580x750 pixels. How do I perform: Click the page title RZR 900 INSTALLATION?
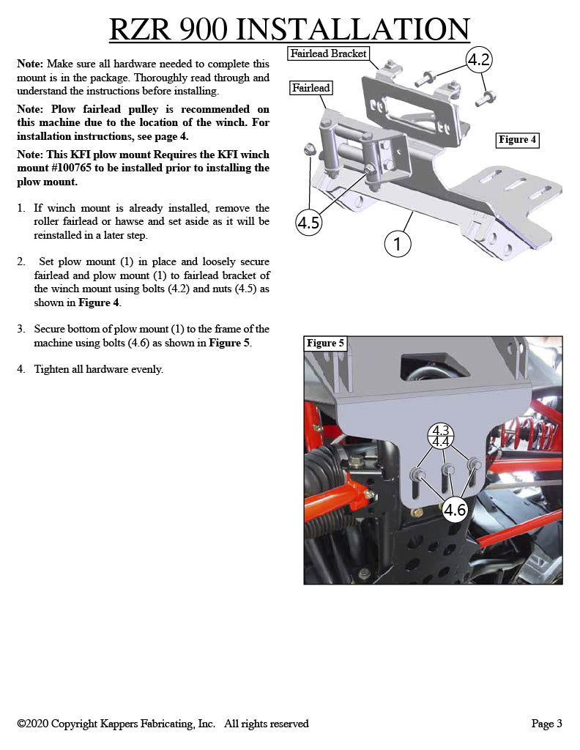coord(289,29)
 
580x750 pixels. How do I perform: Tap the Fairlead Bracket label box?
coord(328,53)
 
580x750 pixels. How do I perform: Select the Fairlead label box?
coord(311,88)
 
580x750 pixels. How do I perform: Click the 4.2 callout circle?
coord(478,60)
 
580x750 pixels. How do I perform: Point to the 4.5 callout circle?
coord(308,223)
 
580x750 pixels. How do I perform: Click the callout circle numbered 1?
coord(398,244)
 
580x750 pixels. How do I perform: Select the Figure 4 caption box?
coord(517,139)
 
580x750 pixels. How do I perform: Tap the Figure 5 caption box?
coord(325,344)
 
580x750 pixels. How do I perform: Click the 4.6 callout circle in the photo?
coord(455,510)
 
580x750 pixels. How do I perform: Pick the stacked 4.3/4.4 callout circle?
coord(441,437)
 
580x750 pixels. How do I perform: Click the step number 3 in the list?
coord(21,330)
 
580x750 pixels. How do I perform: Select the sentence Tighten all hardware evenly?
coord(98,369)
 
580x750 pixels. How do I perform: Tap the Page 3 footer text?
coord(546,724)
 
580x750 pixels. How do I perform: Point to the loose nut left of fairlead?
coord(308,149)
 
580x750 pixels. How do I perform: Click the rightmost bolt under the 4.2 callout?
coord(483,97)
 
